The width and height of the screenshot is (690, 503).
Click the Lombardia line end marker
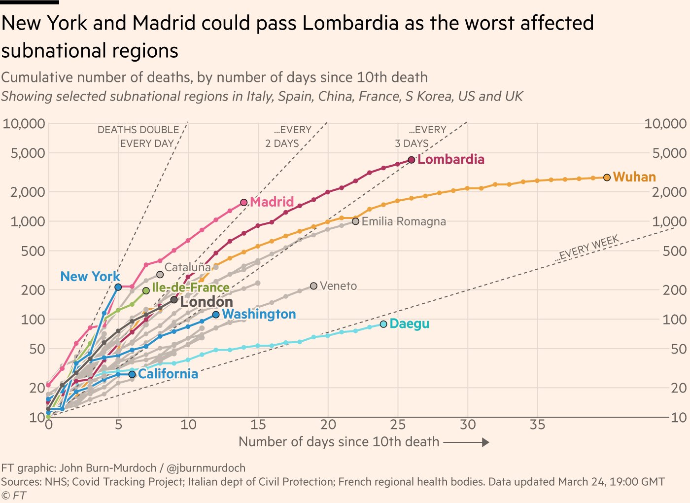click(x=412, y=160)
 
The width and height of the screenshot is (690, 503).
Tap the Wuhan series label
click(x=634, y=177)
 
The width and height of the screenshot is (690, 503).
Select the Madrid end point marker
click(x=244, y=202)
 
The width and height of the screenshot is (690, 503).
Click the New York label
click(x=90, y=277)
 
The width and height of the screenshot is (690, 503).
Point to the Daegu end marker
click(x=384, y=324)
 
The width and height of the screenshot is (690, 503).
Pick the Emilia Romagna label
click(x=404, y=221)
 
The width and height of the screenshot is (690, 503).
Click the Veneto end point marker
click(x=314, y=286)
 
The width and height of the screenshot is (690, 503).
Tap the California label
click(x=168, y=374)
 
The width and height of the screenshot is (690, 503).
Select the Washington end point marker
click(x=216, y=315)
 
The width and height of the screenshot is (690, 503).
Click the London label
click(x=206, y=302)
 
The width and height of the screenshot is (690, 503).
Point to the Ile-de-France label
click(x=191, y=287)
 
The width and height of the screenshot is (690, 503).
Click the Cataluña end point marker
click(x=160, y=275)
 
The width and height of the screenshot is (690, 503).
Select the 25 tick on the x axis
click(x=398, y=425)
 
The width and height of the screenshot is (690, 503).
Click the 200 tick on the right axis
click(x=675, y=290)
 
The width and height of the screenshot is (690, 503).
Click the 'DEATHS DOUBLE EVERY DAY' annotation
click(x=138, y=137)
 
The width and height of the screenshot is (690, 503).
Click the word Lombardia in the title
click(x=350, y=23)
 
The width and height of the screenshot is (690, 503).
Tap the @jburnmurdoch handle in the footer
click(x=206, y=468)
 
